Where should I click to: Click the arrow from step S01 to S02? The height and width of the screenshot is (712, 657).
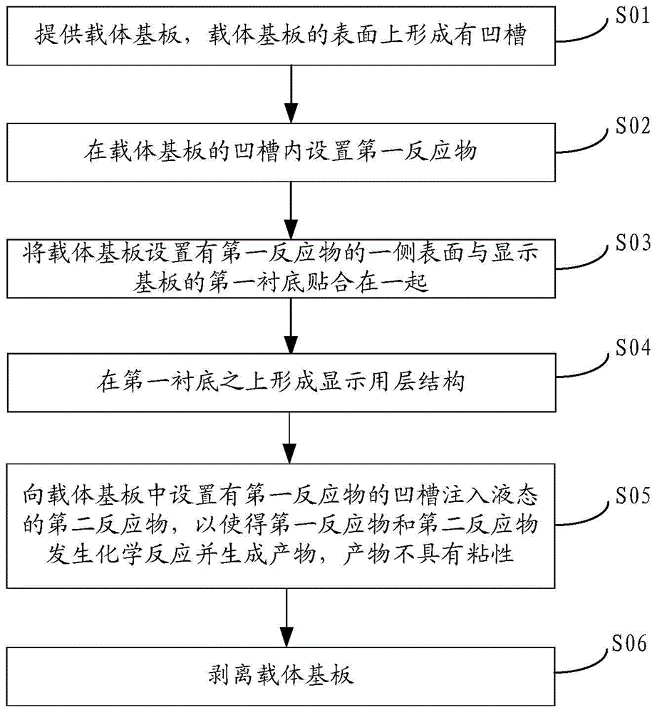(x=290, y=92)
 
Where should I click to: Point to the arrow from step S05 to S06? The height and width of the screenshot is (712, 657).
(x=290, y=612)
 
